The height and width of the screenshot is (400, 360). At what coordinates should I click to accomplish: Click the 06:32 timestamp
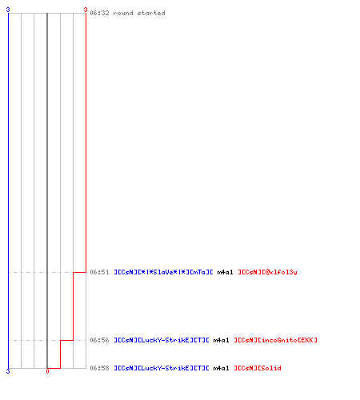coord(99,13)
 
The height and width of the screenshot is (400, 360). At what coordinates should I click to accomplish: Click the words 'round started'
coord(139,13)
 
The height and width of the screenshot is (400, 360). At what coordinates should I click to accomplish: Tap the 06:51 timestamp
coord(99,272)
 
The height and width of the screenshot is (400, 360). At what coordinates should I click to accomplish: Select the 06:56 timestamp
coord(99,340)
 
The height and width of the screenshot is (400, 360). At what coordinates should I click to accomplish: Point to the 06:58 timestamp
coord(99,368)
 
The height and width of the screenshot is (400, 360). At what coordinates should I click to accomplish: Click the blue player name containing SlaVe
coord(163,272)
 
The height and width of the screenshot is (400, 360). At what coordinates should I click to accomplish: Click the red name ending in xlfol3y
coord(267,272)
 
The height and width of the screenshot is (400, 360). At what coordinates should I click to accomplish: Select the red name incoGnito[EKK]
coord(276,340)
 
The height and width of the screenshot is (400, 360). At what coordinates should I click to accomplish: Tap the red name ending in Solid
coord(258,368)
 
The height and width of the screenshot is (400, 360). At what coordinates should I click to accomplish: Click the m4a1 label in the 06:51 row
coord(225,272)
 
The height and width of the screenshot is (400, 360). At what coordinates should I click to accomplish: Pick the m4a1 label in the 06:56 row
coord(221,340)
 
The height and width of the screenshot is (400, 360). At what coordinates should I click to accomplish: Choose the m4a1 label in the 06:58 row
coord(221,368)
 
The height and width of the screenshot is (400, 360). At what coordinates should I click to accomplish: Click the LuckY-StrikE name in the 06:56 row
coord(162,340)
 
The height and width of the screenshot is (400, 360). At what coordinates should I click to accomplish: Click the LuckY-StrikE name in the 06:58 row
coord(162,368)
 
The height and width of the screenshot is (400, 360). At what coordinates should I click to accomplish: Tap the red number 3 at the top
coord(86,10)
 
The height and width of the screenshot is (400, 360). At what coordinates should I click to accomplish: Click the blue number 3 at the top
coord(8,10)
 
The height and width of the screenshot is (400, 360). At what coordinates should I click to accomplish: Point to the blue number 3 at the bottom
coord(8,371)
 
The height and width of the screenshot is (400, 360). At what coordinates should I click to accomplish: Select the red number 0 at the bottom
coord(47,371)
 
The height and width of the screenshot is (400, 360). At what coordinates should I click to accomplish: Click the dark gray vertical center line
coord(47,190)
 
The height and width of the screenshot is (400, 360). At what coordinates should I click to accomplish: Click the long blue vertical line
coord(8,190)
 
